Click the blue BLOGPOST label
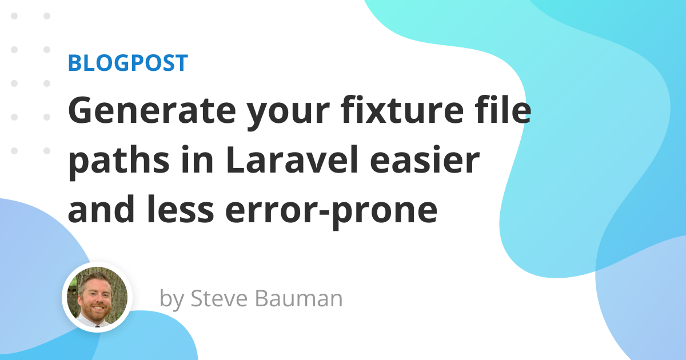pyautogui.click(x=127, y=63)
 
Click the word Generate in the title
pyautogui.click(x=152, y=110)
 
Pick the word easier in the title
pyautogui.click(x=424, y=160)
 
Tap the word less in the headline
pyautogui.click(x=181, y=209)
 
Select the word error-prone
pyautogui.click(x=332, y=212)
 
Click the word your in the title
pyautogui.click(x=288, y=114)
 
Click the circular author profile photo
pyautogui.click(x=97, y=297)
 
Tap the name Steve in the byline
pyautogui.click(x=219, y=298)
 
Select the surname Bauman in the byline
pyautogui.click(x=299, y=298)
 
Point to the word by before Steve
pyautogui.click(x=171, y=299)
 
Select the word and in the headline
pyautogui.click(x=101, y=209)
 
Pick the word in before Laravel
pyautogui.click(x=197, y=159)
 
